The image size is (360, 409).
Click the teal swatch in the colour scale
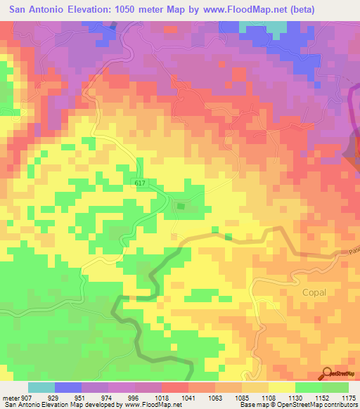point(41,387)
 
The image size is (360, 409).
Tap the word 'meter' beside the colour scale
point(11,398)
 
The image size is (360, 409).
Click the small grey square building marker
point(181,206)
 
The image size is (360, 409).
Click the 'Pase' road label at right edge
point(353,251)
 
